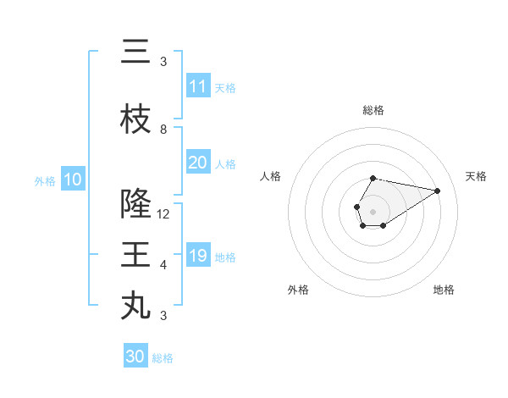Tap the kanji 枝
[135, 119]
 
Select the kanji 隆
[135, 204]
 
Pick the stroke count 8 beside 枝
[163, 130]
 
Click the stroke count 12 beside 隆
[163, 214]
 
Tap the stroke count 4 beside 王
[163, 265]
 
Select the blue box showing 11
[197, 86]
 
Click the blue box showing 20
[197, 163]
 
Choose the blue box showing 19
[197, 256]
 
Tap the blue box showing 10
[72, 180]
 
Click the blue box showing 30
[135, 357]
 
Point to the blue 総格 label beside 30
[163, 358]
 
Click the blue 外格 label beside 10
[45, 180]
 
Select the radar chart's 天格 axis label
[476, 176]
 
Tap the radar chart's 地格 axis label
[444, 290]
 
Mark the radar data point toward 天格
[438, 191]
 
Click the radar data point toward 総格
[373, 178]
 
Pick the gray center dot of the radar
[373, 210]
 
